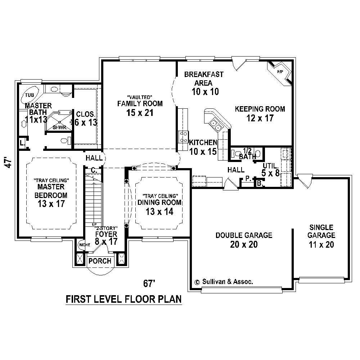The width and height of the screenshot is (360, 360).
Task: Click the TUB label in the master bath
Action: click(29, 95)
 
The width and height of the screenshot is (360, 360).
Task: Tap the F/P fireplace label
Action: click(280, 72)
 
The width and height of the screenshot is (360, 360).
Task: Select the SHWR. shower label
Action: click(58, 127)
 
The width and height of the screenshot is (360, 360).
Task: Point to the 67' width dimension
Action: click(149, 283)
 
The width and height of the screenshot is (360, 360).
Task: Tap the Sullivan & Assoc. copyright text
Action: click(223, 282)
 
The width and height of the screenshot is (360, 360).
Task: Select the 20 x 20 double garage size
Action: click(244, 244)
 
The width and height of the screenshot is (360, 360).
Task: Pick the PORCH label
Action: click(100, 261)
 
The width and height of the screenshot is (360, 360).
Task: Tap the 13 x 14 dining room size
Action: click(159, 212)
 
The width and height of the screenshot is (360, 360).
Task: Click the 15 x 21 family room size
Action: click(140, 113)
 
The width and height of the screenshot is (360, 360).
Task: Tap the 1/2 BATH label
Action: click(247, 153)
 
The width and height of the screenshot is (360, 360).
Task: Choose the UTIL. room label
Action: click(271, 166)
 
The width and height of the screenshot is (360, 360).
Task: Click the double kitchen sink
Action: click(216, 125)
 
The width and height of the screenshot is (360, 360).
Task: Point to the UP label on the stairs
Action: click(94, 224)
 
